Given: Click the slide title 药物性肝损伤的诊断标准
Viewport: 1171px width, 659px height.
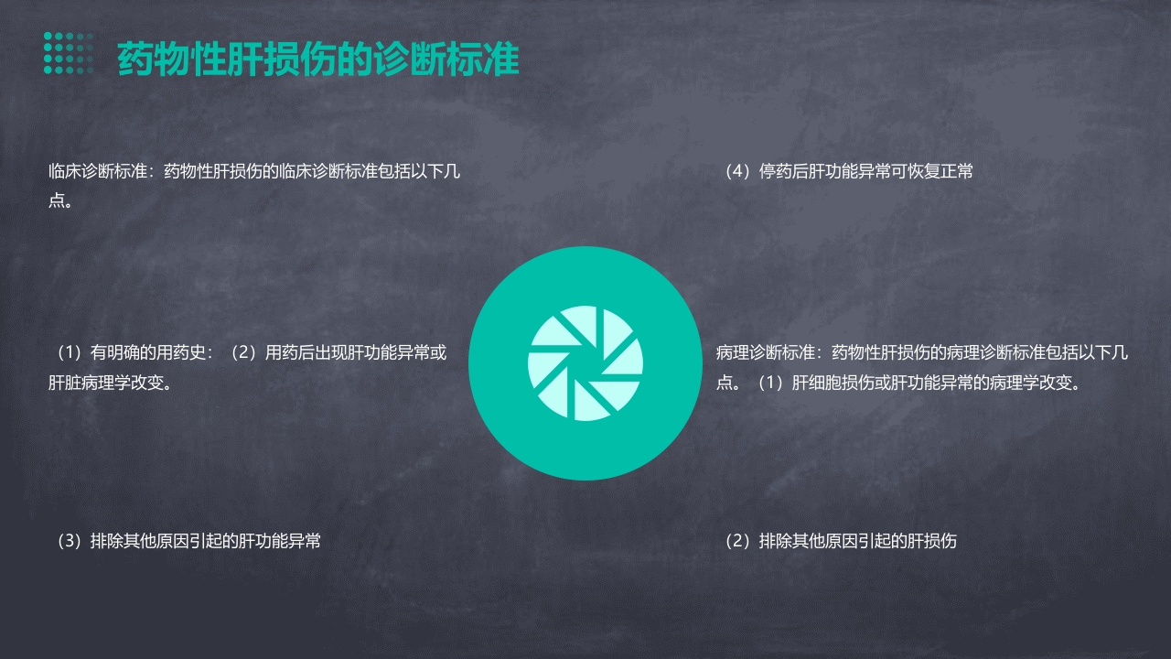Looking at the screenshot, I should pyautogui.click(x=318, y=60).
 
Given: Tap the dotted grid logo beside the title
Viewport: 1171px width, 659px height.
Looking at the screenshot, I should pyautogui.click(x=68, y=52).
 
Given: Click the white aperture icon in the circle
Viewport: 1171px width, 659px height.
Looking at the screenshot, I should pyautogui.click(x=585, y=363).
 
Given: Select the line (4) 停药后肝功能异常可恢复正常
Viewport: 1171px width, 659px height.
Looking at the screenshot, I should pyautogui.click(x=848, y=171).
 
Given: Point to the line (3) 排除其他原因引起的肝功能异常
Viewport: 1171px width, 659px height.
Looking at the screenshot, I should pyautogui.click(x=188, y=541).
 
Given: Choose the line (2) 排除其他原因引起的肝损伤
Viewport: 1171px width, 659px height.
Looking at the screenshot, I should pyautogui.click(x=840, y=541).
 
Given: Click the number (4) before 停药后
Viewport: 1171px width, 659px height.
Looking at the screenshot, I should pyautogui.click(x=736, y=171).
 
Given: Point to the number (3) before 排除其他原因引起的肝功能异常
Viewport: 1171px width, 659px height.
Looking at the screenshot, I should pyautogui.click(x=70, y=541).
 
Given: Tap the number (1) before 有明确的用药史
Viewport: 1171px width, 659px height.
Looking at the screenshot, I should pyautogui.click(x=70, y=352).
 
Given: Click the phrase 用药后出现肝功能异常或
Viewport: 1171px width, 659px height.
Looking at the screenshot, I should pyautogui.click(x=355, y=352).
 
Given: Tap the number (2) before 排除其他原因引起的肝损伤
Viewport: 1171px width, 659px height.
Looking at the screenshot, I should pyautogui.click(x=736, y=541).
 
